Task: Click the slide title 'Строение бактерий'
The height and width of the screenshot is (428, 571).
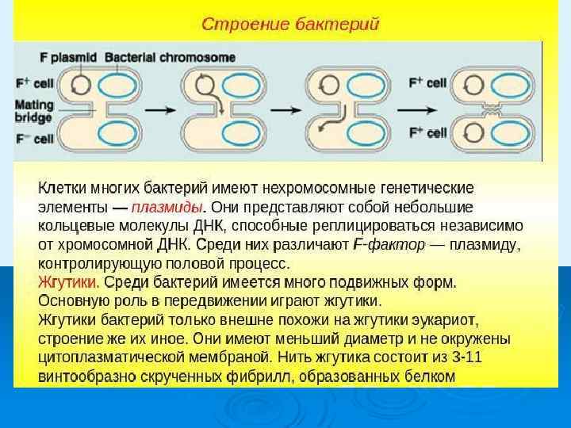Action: (290, 23)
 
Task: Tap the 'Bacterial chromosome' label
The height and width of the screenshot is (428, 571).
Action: (171, 58)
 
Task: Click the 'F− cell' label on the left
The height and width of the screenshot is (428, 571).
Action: (32, 139)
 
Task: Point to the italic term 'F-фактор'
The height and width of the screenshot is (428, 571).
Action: (389, 245)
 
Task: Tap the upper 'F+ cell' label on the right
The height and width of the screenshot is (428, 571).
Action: (427, 81)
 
